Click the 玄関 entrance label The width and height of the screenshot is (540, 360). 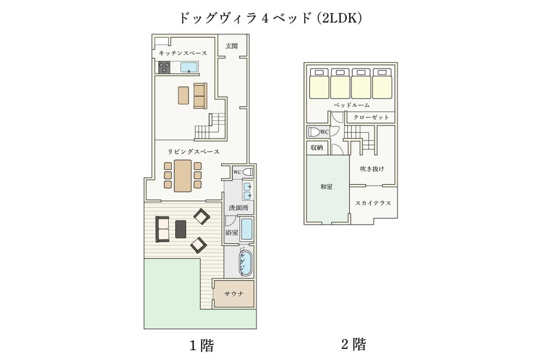click(232, 46)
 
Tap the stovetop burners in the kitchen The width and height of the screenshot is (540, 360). click(164, 67)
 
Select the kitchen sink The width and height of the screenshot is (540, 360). click(189, 67)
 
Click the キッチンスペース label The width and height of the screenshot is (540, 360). click(183, 53)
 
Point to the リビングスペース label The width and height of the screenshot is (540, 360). click(193, 152)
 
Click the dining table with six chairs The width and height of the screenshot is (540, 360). click(183, 176)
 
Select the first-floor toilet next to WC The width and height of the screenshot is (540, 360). click(248, 172)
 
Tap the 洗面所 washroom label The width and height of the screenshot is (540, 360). click(238, 208)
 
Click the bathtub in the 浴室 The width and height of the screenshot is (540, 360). click(247, 229)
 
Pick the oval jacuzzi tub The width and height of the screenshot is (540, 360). click(246, 263)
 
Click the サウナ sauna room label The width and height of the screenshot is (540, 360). click(234, 293)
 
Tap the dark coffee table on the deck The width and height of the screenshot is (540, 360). click(181, 229)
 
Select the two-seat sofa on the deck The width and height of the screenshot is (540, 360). click(162, 229)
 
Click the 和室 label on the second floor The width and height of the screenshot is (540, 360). click(327, 187)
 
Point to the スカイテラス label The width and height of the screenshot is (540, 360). click(373, 203)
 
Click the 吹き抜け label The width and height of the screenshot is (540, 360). click(372, 169)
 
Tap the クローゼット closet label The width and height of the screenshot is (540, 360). click(371, 117)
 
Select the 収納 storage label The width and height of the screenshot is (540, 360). click(317, 148)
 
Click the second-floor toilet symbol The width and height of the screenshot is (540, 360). click(314, 132)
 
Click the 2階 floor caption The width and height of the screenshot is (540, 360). click(354, 344)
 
